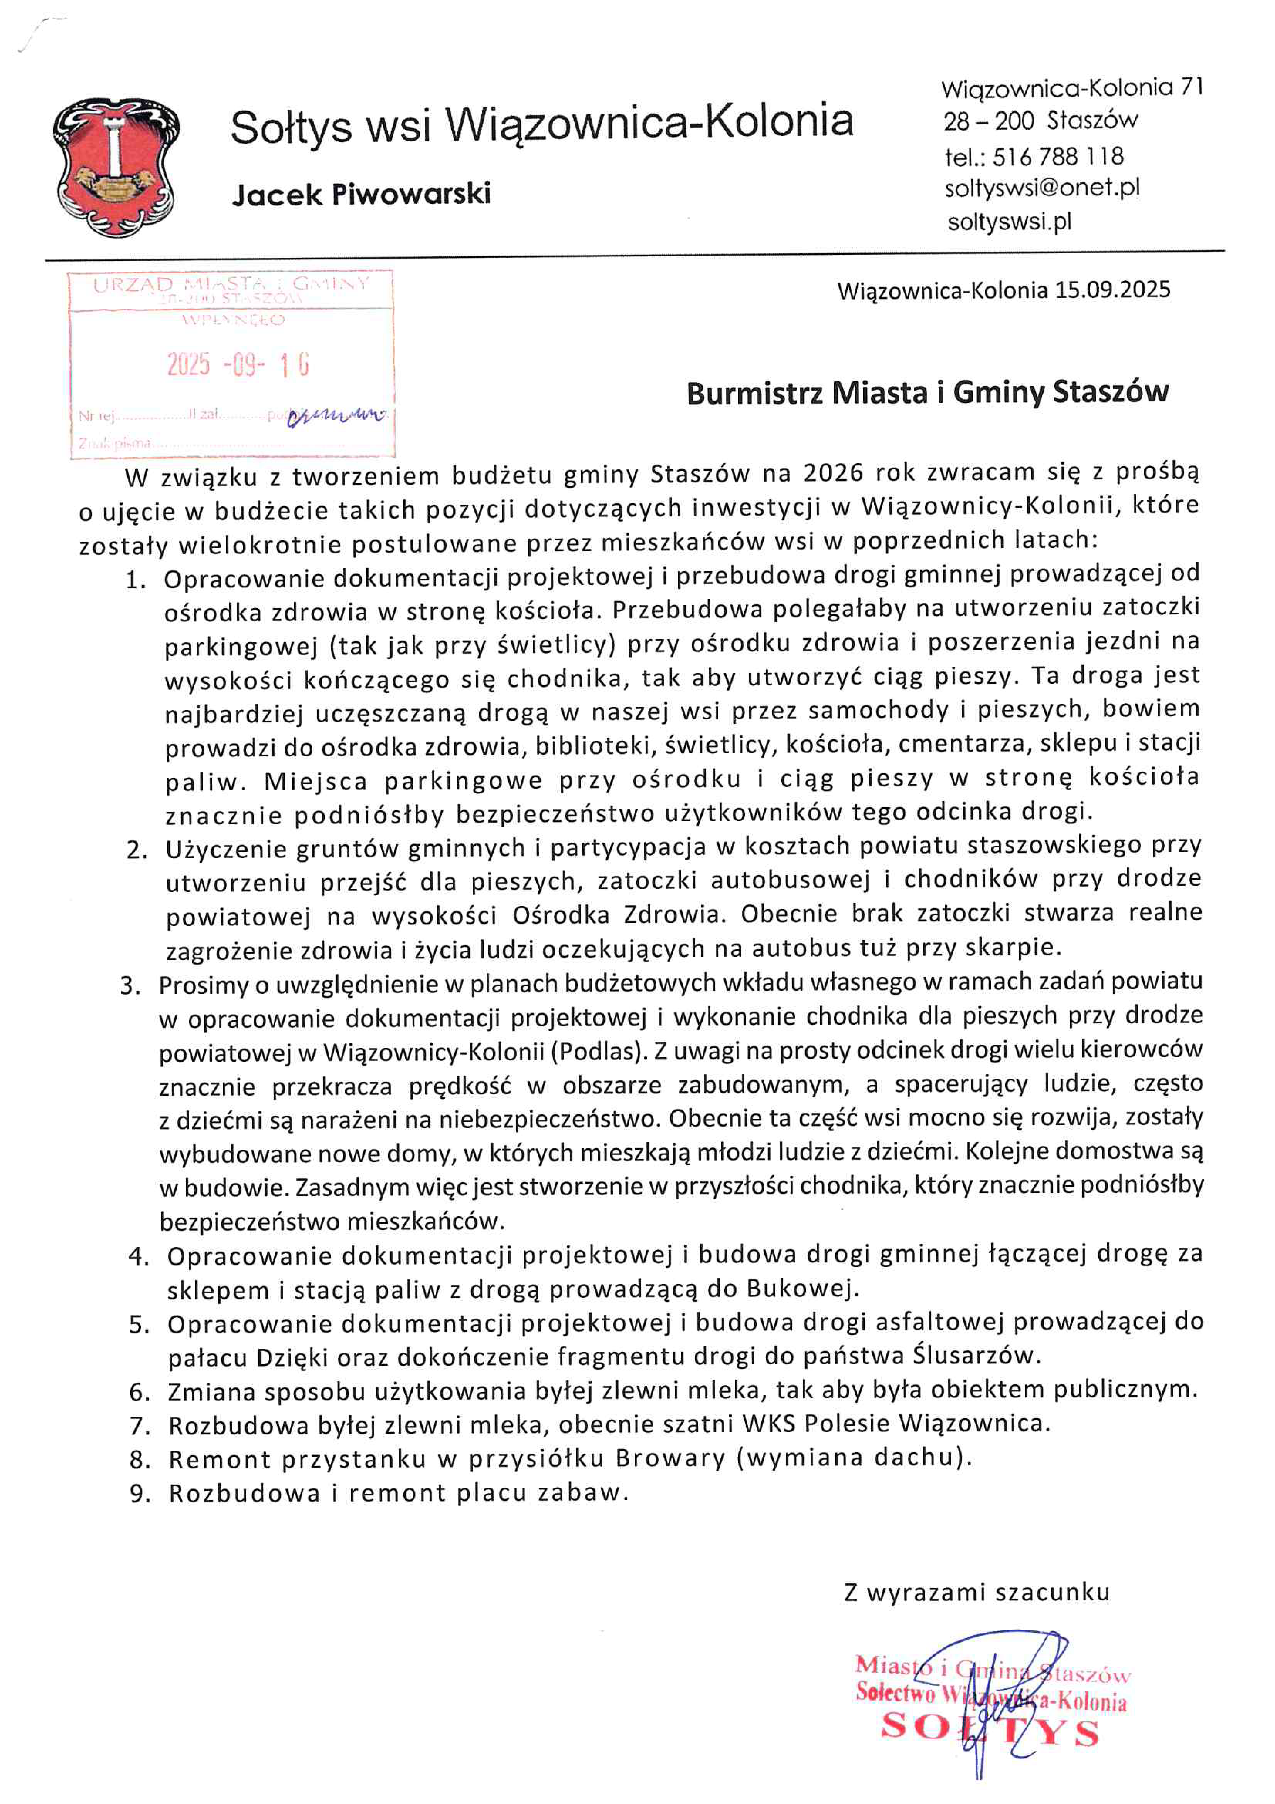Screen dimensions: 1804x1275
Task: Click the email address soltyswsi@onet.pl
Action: [1042, 188]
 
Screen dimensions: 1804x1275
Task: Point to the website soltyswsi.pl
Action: [1009, 222]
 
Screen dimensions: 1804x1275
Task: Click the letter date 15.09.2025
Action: [1112, 290]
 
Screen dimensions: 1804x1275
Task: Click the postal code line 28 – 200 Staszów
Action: [1040, 121]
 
